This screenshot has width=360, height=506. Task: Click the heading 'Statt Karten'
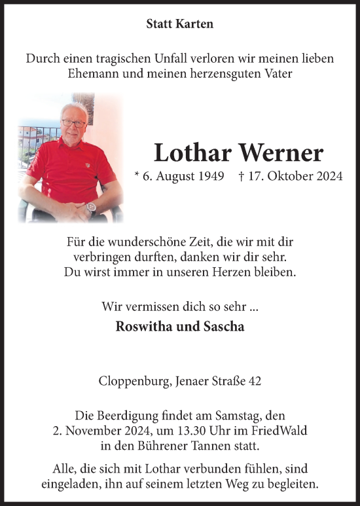pyautogui.click(x=179, y=25)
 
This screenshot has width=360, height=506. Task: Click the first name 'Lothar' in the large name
pyautogui.click(x=190, y=153)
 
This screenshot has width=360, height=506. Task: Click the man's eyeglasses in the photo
pyautogui.click(x=73, y=123)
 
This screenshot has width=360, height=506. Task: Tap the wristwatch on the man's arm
pyautogui.click(x=90, y=208)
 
